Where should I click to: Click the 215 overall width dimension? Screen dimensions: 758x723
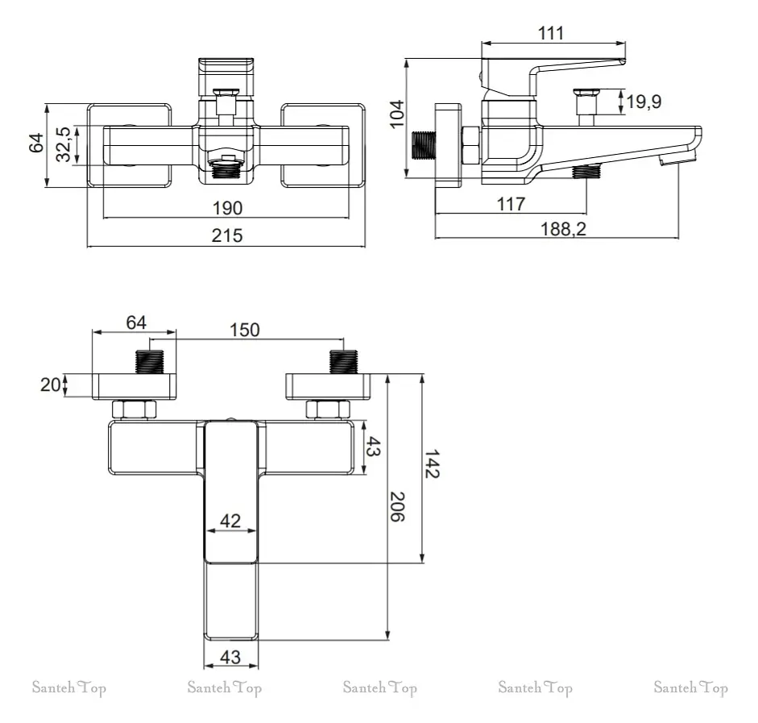226,235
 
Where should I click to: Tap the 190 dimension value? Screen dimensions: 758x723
227,209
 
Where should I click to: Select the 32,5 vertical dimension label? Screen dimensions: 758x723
64,144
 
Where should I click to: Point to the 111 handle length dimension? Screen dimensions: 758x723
551,33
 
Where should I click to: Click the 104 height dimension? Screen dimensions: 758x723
397,114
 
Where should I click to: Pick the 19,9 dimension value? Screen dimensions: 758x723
644,102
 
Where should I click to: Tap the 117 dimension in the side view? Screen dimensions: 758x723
511,204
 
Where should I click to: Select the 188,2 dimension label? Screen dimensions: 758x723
563,229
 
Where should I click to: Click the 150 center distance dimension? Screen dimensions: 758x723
244,330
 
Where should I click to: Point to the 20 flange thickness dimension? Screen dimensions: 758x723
50,385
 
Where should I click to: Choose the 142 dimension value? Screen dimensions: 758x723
432,463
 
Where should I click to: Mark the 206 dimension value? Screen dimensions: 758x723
397,507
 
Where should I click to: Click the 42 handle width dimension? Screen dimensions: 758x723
230,521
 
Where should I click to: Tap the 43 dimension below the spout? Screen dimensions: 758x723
230,657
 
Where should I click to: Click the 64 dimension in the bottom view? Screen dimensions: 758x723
136,322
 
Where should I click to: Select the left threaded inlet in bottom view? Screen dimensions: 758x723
149,361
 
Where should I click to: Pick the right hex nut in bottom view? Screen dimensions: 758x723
328,409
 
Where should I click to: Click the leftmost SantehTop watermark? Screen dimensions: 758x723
69,688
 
